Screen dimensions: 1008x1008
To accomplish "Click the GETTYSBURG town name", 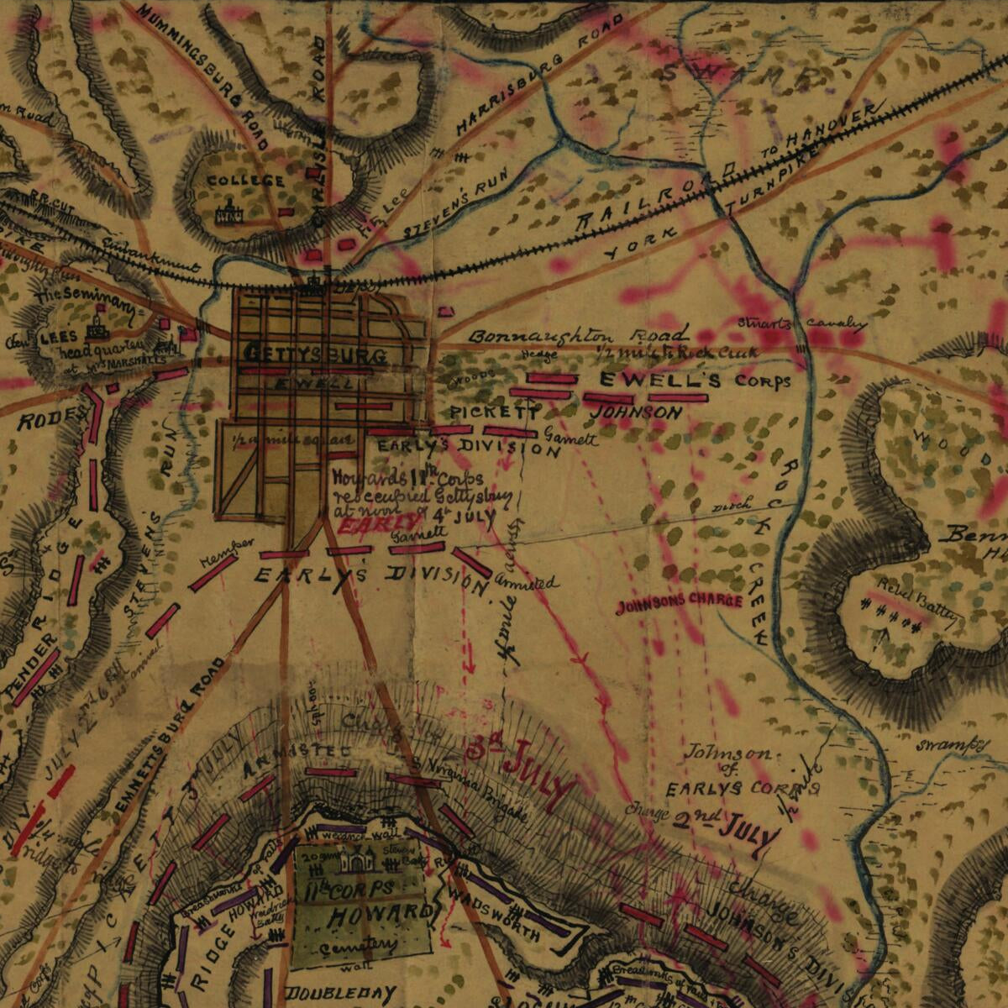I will click(316, 354).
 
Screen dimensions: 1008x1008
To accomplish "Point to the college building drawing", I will click(228, 213).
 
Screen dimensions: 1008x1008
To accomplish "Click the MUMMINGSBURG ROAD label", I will click(202, 76).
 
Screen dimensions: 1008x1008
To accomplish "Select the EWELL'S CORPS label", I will click(694, 381).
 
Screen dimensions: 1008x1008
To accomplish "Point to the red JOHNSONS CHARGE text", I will click(680, 602).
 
